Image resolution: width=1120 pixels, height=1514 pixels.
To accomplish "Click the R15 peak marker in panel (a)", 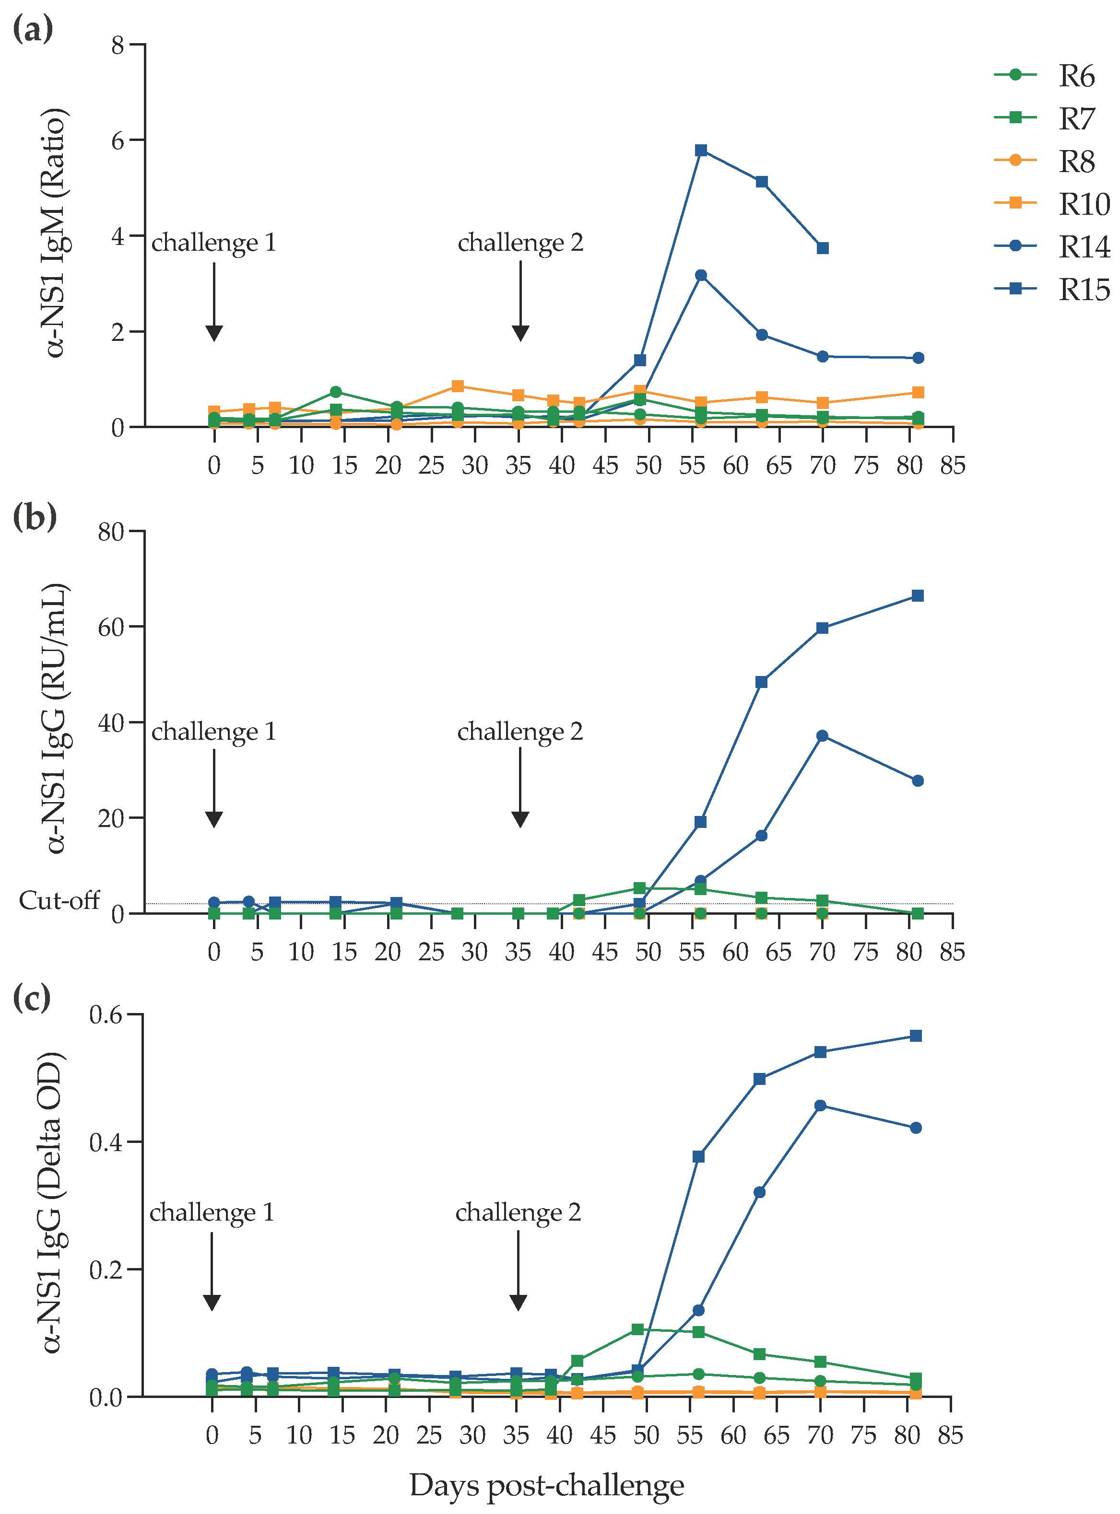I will point(701,150).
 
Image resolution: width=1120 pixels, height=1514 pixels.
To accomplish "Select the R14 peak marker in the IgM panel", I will point(701,275).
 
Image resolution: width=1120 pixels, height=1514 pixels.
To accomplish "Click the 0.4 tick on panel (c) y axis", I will point(105,1142).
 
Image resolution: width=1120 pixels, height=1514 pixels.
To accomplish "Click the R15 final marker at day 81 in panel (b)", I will point(917,596).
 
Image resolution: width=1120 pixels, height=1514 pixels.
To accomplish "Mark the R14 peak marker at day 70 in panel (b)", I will point(823,736).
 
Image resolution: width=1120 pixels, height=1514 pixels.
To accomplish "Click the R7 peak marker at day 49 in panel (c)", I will point(638,1329).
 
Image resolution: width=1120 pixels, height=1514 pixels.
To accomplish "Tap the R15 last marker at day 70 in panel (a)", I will point(823,248).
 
